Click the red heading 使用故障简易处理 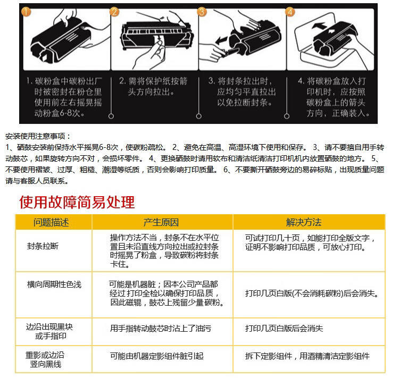77,203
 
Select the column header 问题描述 52,222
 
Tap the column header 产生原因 161,222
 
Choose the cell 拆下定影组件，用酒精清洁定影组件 307,356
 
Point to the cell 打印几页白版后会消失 284,329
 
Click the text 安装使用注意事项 37,136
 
